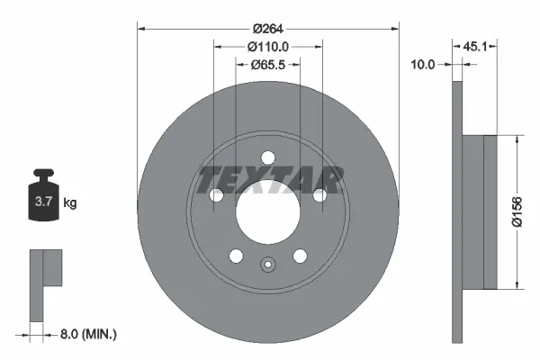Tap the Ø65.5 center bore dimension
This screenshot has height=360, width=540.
tap(267, 64)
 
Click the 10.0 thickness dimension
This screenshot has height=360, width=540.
tap(422, 64)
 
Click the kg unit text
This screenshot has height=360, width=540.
tap(69, 204)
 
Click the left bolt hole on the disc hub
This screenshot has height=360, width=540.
tap(215, 195)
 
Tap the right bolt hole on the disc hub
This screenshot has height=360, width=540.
tap(319, 195)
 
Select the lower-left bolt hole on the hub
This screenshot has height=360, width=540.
tap(236, 256)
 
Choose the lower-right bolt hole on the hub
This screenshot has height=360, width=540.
tap(300, 256)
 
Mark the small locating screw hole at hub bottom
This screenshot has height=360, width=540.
tap(267, 265)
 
